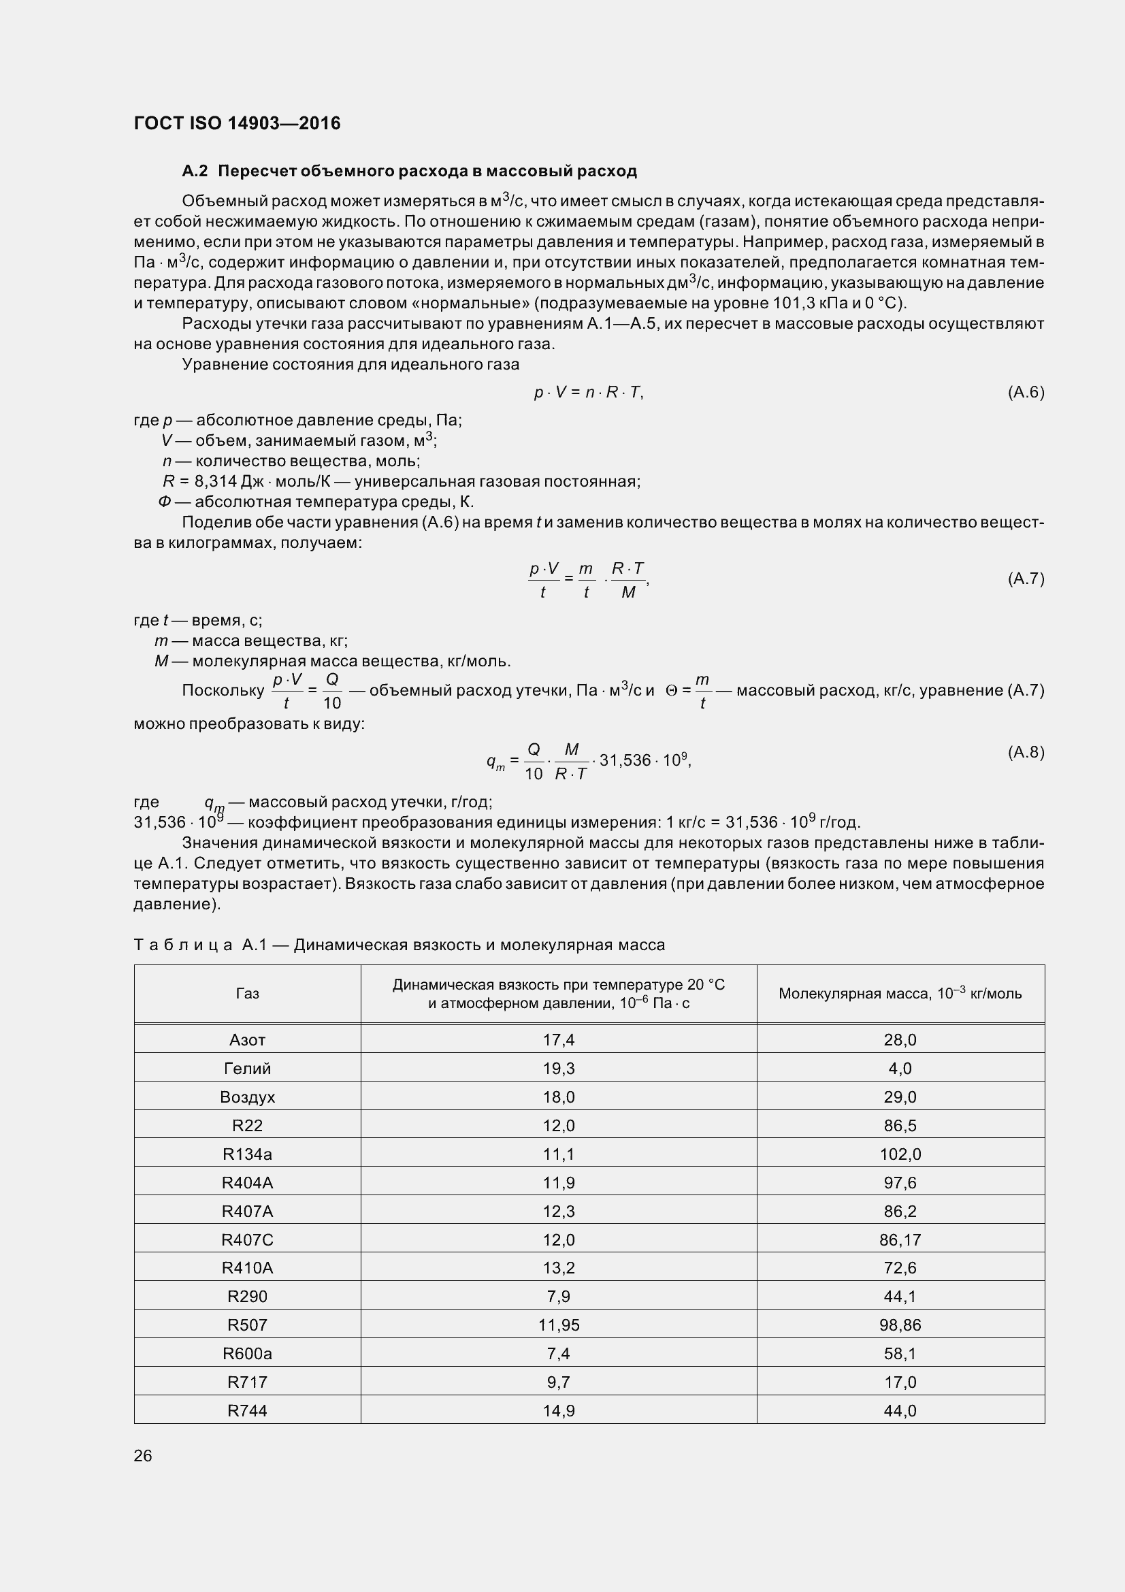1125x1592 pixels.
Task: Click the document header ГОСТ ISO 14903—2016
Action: pos(237,123)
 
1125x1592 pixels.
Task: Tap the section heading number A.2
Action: pos(194,171)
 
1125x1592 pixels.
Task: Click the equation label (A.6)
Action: pos(1025,393)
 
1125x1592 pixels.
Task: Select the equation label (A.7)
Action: pos(1025,579)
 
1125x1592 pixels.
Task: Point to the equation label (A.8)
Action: pos(1025,752)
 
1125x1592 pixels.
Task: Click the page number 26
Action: pos(143,1455)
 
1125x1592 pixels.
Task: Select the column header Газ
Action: pos(248,994)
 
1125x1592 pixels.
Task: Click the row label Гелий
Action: pos(248,1069)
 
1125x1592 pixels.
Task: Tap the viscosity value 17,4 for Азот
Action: pos(559,1040)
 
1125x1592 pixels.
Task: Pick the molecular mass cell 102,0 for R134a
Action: pos(900,1154)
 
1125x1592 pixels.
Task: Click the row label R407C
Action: pos(248,1239)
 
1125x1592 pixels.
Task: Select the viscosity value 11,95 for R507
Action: pos(559,1325)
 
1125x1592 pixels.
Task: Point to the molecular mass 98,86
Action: pos(900,1325)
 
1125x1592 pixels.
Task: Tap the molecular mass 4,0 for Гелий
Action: pos(900,1069)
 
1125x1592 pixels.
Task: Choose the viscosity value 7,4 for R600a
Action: pos(559,1354)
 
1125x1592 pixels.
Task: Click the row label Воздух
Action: pos(248,1097)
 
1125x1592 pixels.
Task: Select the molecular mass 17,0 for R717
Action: pos(900,1382)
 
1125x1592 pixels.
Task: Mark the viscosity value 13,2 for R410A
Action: pos(559,1268)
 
